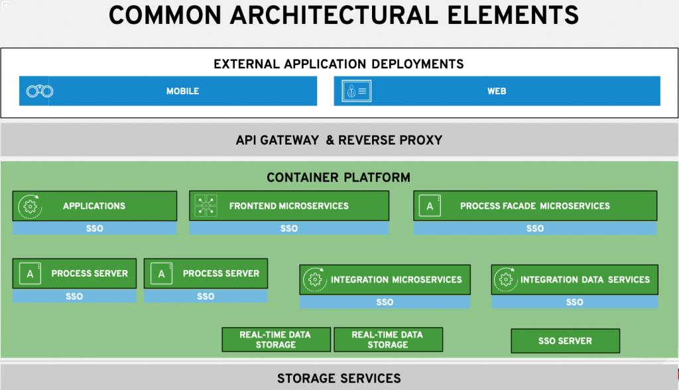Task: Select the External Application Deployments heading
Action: point(339,64)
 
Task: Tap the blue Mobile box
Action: point(182,92)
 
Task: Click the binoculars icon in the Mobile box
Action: point(39,92)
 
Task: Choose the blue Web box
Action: point(497,92)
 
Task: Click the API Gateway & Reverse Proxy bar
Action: point(339,140)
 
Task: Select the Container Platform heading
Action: point(338,178)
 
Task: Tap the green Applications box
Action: point(94,206)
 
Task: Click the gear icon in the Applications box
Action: point(29,206)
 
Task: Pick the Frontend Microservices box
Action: point(288,206)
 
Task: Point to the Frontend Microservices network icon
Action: point(206,206)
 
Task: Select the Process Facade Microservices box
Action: point(534,206)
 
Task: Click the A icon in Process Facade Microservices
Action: point(430,206)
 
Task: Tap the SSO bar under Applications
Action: point(94,229)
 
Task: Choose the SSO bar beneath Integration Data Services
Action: point(574,302)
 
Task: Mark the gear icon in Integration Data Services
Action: point(506,280)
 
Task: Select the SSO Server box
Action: point(565,341)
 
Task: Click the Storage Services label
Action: point(339,379)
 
